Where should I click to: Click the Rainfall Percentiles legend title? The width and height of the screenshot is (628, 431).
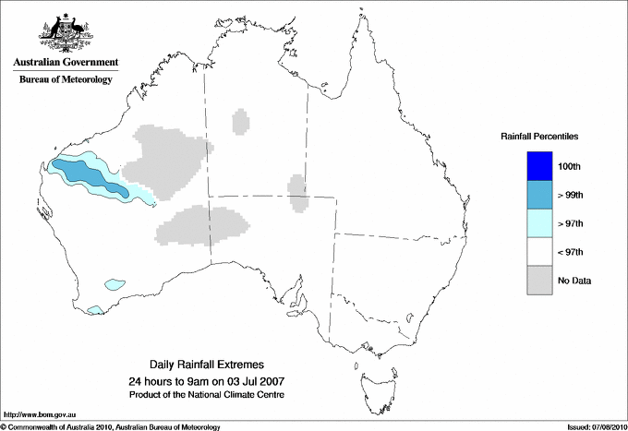tap(539, 137)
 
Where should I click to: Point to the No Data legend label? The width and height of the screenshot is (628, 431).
tap(574, 281)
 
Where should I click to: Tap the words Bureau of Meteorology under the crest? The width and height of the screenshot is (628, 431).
tap(66, 80)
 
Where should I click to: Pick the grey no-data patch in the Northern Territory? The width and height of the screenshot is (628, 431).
tap(240, 122)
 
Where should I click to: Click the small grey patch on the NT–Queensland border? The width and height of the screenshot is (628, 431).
tap(297, 192)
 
